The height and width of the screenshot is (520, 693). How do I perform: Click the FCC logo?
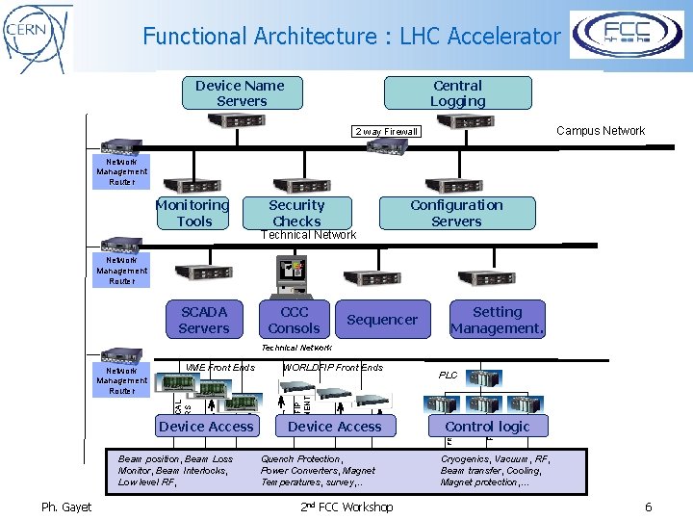pyautogui.click(x=627, y=36)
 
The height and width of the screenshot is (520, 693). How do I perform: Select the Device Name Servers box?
pyautogui.click(x=241, y=93)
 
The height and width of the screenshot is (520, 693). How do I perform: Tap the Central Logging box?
pyautogui.click(x=458, y=93)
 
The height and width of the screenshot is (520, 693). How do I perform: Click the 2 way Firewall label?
pyautogui.click(x=386, y=132)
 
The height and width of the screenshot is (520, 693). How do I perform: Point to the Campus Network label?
pyautogui.click(x=601, y=131)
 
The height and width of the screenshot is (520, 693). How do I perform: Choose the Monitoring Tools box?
pyautogui.click(x=193, y=213)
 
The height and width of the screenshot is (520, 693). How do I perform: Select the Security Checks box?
pyautogui.click(x=296, y=213)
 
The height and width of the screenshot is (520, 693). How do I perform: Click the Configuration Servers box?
pyautogui.click(x=456, y=213)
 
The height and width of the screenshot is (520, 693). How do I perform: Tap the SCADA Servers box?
pyautogui.click(x=204, y=320)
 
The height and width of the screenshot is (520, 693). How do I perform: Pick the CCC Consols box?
pyautogui.click(x=295, y=320)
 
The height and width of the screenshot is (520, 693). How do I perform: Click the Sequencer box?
pyautogui.click(x=382, y=320)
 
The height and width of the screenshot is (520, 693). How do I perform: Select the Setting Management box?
pyautogui.click(x=498, y=320)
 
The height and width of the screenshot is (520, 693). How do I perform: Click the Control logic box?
pyautogui.click(x=487, y=427)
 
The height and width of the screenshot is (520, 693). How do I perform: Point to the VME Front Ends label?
pyautogui.click(x=219, y=368)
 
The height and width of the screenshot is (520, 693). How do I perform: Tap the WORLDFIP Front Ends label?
pyautogui.click(x=332, y=368)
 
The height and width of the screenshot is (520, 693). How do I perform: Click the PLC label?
pyautogui.click(x=449, y=376)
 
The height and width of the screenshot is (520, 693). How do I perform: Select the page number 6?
pyautogui.click(x=648, y=507)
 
